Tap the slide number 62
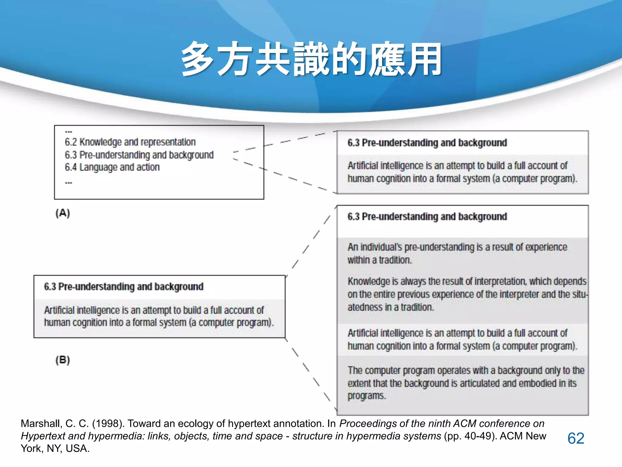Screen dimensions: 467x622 [576, 438]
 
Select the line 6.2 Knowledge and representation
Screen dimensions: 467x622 [130, 142]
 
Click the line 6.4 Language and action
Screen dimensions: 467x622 [112, 167]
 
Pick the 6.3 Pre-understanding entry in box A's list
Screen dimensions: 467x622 [139, 155]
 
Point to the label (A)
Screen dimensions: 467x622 [63, 213]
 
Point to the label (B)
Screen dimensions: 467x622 [63, 360]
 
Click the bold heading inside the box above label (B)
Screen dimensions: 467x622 [124, 286]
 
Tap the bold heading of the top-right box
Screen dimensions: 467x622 [427, 143]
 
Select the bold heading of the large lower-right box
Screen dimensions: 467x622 [427, 216]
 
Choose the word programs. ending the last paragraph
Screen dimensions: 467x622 [367, 396]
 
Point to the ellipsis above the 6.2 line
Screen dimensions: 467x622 [69, 132]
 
